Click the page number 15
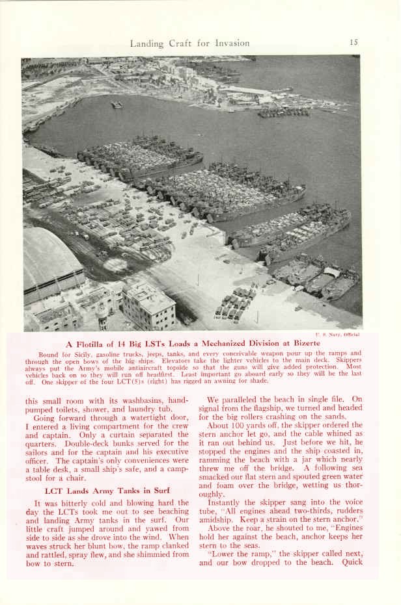point(353,43)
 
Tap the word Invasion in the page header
point(228,44)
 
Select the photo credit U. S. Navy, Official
point(337,334)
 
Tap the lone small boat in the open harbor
point(116,105)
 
